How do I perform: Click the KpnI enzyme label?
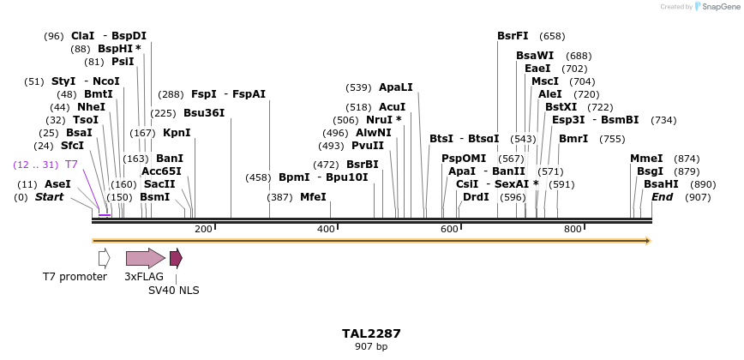(x=177, y=133)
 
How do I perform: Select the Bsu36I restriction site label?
(x=204, y=112)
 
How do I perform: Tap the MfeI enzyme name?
(x=313, y=196)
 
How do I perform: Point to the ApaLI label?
(x=396, y=87)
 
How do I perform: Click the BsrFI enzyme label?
(x=513, y=36)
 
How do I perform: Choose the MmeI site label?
(x=646, y=159)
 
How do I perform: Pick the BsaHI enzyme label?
(x=661, y=184)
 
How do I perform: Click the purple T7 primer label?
(x=72, y=164)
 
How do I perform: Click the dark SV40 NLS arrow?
(x=176, y=258)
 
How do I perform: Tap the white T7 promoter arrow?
(x=104, y=258)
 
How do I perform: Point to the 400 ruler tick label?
(x=326, y=229)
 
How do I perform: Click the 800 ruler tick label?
(x=573, y=229)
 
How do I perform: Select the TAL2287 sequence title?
(x=371, y=333)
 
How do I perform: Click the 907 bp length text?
(x=371, y=347)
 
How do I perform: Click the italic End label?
(x=662, y=196)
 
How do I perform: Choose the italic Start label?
(x=49, y=196)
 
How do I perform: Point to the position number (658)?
(x=552, y=36)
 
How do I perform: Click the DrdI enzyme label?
(x=476, y=196)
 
